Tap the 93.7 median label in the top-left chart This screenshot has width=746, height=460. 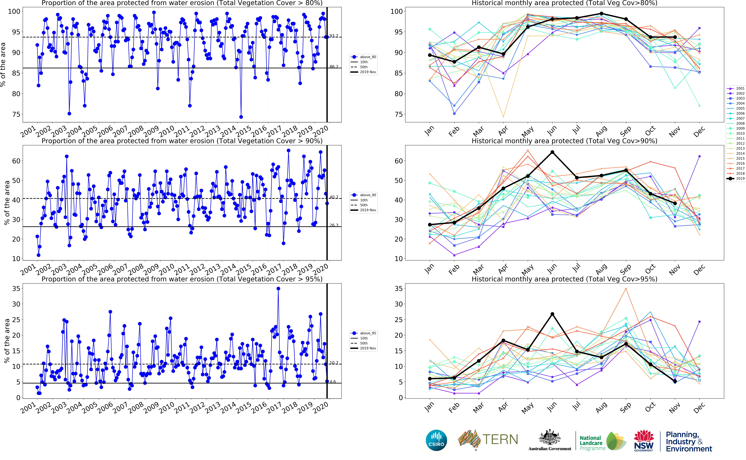334,36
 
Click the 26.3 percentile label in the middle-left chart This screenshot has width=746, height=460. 334,225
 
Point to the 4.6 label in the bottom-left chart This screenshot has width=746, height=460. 333,381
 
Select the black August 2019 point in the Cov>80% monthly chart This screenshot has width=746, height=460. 601,14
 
